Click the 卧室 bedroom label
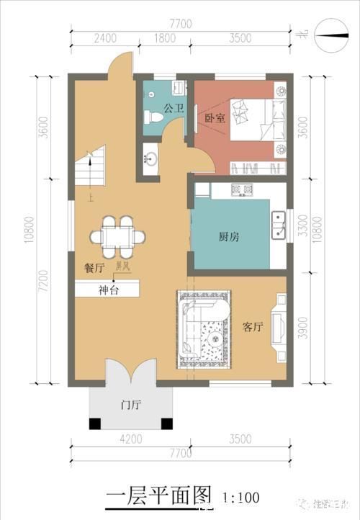pos(215,119)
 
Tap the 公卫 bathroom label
pos(173,109)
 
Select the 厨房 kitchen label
pos(229,236)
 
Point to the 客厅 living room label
pos(252,327)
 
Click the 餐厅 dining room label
pos(94,267)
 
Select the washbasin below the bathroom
pos(150,158)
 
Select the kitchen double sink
pos(278,225)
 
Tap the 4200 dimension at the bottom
pos(130,438)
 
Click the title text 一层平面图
pos(161,496)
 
